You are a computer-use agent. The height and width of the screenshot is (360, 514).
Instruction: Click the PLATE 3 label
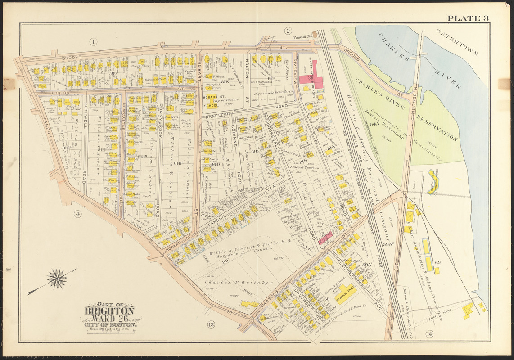click(x=468, y=18)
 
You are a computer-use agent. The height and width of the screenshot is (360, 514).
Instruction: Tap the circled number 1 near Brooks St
click(x=93, y=42)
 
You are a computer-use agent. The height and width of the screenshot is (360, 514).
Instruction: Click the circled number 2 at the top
click(x=288, y=31)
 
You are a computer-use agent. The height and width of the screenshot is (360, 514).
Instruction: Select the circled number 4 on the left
click(x=77, y=215)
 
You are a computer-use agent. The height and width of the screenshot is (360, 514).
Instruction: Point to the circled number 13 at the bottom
click(x=211, y=324)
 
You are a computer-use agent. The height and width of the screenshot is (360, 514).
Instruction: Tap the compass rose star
click(x=57, y=279)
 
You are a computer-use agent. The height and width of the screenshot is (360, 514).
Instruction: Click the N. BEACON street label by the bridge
click(x=411, y=99)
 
